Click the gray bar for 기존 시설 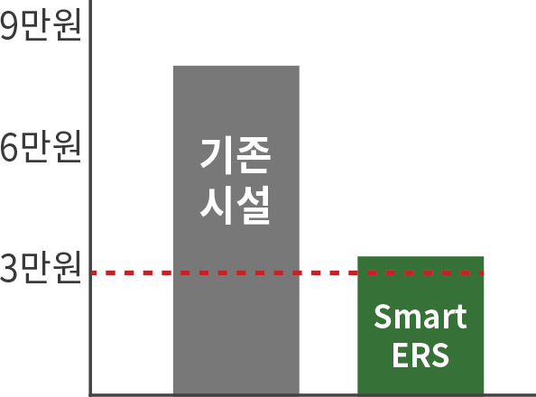(x=236, y=230)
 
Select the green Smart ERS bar (x=420, y=325)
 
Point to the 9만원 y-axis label (x=41, y=25)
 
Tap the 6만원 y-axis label (x=41, y=146)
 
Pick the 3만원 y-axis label (x=41, y=267)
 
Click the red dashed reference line (x=288, y=272)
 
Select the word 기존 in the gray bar (x=236, y=156)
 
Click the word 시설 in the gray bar (x=236, y=205)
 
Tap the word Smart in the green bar (x=420, y=317)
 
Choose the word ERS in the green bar (x=420, y=355)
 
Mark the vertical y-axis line (x=90, y=198)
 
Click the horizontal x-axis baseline (x=312, y=395)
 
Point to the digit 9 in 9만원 (x=8, y=25)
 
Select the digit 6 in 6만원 (x=8, y=147)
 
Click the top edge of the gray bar (x=236, y=66)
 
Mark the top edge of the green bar (x=420, y=256)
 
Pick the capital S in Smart (x=383, y=317)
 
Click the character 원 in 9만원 (x=68, y=25)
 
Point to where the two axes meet (x=90, y=395)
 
